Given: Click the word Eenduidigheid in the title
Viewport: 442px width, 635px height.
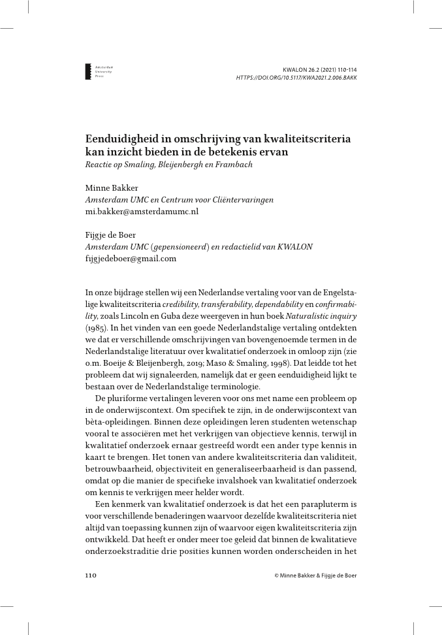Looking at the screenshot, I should pos(124,139).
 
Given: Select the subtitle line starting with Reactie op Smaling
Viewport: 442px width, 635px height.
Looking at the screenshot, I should pos(169,164).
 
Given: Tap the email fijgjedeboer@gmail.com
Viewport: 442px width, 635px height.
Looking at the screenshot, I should pos(131,259).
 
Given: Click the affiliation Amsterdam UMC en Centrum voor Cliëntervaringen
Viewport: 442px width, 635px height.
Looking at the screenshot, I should pos(180,200).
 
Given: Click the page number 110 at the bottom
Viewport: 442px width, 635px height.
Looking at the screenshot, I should pos(91,576).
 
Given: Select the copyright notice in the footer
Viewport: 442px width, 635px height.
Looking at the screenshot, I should pos(316,576).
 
